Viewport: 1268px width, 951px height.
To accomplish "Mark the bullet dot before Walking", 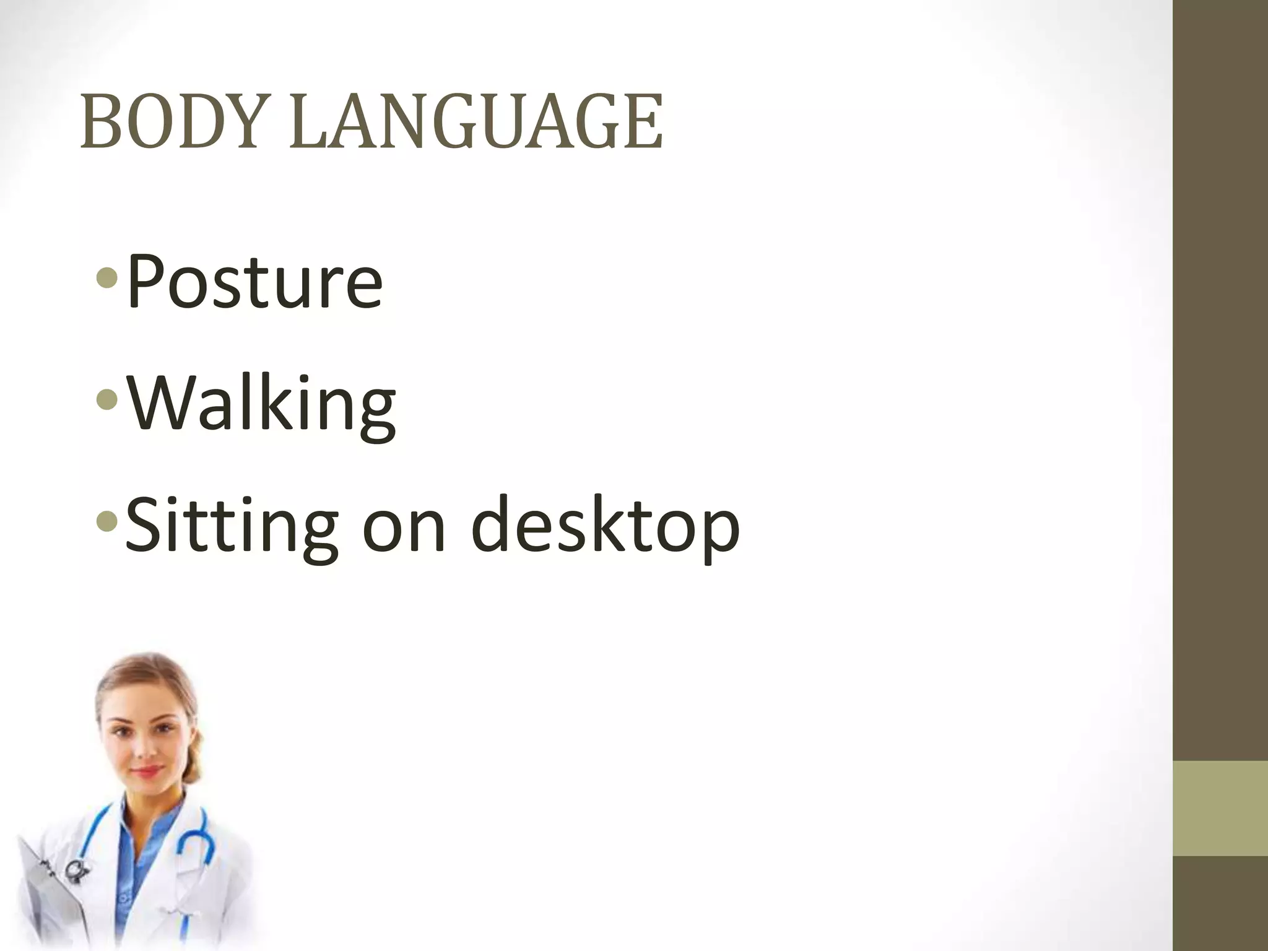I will click(x=106, y=401).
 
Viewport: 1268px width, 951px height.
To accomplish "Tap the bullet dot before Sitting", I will click(x=106, y=523).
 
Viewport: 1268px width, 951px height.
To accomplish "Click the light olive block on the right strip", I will click(x=1220, y=808).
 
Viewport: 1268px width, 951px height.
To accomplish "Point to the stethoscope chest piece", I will click(x=76, y=869).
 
